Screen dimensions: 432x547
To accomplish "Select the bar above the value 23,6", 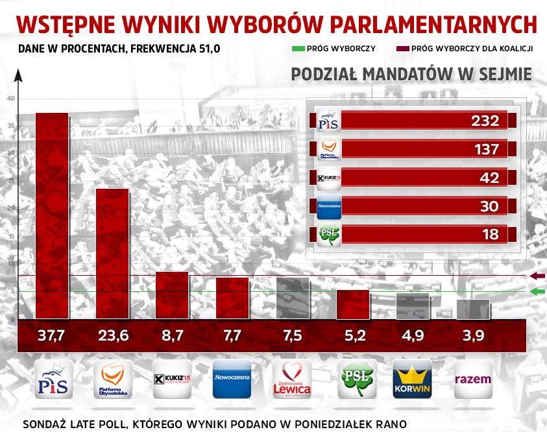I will [x=112, y=253].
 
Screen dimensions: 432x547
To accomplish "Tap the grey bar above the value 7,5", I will [x=293, y=298].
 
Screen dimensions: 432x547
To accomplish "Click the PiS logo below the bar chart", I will [x=55, y=378].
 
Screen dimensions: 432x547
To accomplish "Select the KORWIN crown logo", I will [x=412, y=378].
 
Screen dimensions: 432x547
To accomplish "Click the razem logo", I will [x=472, y=378].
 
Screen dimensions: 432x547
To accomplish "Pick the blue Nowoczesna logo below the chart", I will [x=232, y=378].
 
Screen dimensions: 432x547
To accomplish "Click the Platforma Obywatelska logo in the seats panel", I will [x=327, y=149].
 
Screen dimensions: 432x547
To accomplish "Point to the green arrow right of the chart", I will [x=538, y=292].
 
